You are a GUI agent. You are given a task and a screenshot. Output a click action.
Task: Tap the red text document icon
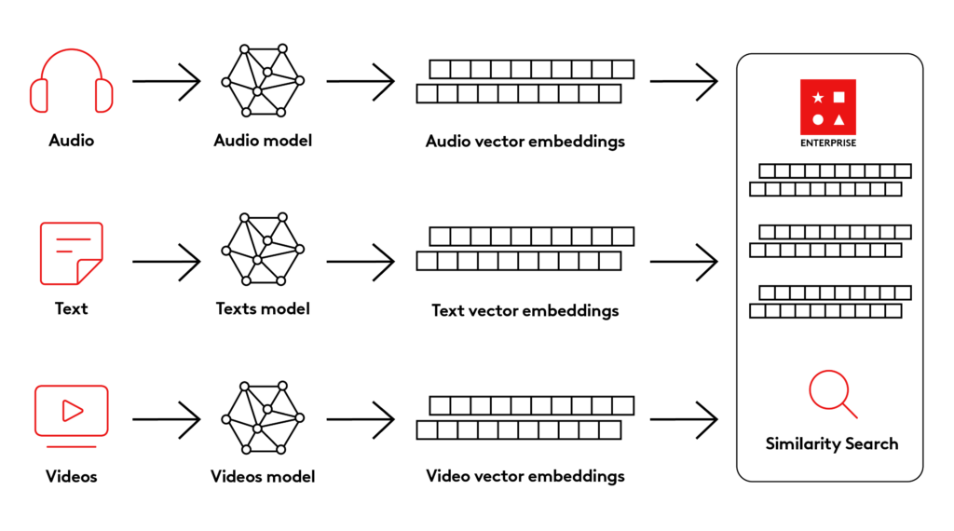click(71, 252)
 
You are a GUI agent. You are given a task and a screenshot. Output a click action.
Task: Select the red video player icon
click(71, 411)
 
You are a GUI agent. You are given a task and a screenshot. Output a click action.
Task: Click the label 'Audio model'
click(263, 141)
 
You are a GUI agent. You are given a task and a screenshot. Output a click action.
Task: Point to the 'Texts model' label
click(263, 308)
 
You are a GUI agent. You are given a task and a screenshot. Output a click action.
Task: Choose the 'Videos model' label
click(263, 476)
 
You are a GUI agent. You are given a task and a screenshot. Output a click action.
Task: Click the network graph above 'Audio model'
click(263, 80)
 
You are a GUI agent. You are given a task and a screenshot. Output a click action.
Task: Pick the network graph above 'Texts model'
click(263, 250)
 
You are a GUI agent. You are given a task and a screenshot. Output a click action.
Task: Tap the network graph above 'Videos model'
click(263, 417)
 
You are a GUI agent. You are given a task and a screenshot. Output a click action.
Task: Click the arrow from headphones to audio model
click(167, 82)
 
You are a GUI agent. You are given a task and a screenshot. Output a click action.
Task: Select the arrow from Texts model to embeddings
click(361, 262)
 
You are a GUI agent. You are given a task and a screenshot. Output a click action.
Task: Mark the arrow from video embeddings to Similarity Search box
click(684, 419)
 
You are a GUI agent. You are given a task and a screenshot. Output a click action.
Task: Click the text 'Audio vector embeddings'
click(525, 142)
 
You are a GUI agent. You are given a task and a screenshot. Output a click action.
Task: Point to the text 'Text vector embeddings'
click(525, 309)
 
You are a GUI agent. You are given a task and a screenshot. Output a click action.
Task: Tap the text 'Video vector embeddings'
click(525, 476)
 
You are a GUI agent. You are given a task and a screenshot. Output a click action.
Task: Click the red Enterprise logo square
click(828, 108)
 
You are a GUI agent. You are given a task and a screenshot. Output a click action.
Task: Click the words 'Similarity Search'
click(832, 443)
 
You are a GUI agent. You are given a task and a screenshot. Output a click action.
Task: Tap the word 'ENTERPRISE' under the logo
click(828, 143)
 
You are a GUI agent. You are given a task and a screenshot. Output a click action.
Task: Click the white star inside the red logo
click(818, 97)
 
